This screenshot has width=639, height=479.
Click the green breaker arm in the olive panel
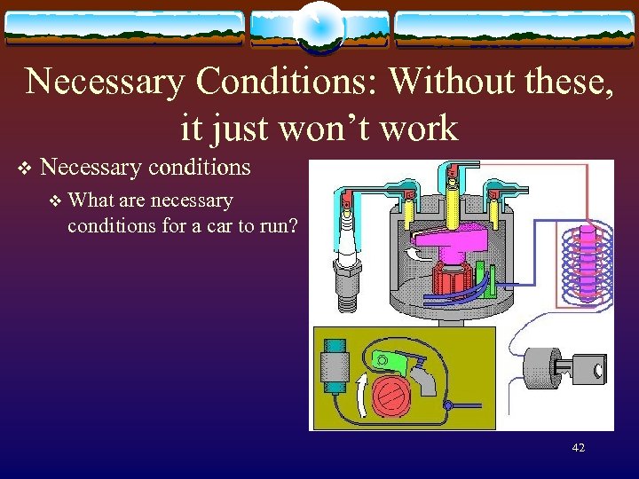tap(390, 362)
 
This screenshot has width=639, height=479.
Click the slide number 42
tap(579, 448)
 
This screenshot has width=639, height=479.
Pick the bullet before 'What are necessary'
tap(56, 201)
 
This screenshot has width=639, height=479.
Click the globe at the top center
tap(319, 26)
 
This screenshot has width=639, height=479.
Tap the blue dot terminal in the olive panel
tap(450, 406)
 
